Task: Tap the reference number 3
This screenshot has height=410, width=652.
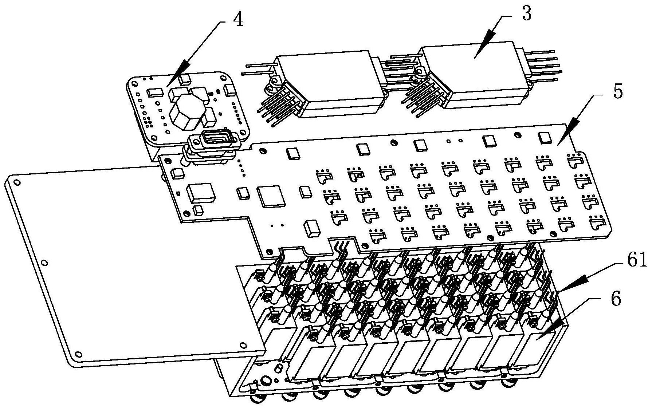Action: pos(526,14)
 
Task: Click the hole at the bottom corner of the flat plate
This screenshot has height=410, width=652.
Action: pos(78,353)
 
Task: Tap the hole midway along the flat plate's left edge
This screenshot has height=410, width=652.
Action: pos(44,263)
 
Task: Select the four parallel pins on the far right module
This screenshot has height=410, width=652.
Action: pos(542,66)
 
